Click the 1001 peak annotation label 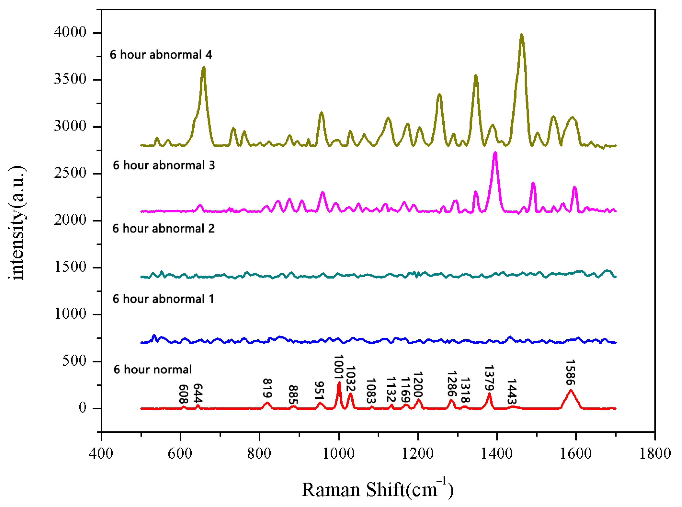[338, 367]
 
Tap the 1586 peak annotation [570, 373]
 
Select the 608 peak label [183, 394]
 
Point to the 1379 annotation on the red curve [489, 378]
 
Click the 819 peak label [268, 388]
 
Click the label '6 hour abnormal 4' [161, 55]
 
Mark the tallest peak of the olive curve [521, 35]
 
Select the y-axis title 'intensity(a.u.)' [17, 222]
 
